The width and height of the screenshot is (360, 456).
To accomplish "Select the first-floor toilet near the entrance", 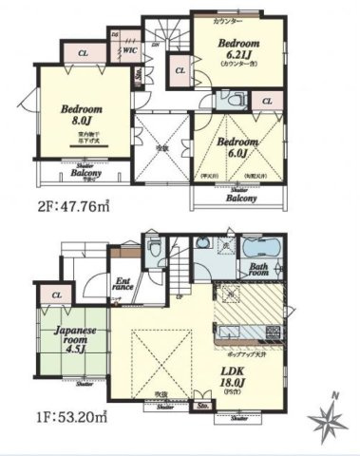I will click(x=155, y=250).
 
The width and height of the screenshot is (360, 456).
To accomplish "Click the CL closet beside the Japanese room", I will click(x=57, y=296).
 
